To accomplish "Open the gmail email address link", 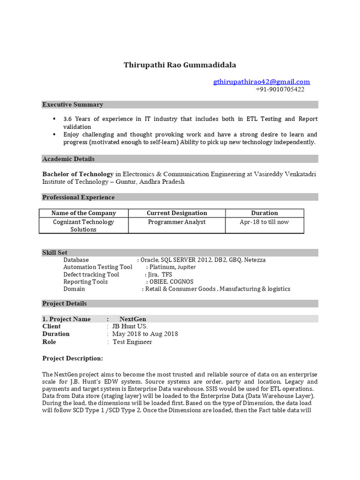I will coord(262,82).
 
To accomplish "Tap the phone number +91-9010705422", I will coord(280,89).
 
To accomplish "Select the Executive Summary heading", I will coord(73,105).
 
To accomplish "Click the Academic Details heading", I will coord(68,159).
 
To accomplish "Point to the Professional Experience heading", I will coord(78,197).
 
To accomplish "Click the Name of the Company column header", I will coord(83,213).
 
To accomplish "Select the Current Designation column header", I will coord(177,213).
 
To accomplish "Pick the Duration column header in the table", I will coord(264,213).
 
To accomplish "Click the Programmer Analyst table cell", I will coord(177,222).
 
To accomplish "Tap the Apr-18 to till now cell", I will coord(264,222).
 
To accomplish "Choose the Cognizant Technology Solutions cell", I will coord(83,225).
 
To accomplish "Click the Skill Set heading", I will coord(55,253).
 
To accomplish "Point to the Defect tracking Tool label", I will coord(91,274).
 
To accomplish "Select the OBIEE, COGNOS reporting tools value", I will coord(171,282).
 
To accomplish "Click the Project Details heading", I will coord(64,303).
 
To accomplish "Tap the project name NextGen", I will coord(133,319).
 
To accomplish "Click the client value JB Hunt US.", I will coord(129,326).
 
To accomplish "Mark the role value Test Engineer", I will coord(132,342).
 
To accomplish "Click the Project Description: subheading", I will coord(73,359).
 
